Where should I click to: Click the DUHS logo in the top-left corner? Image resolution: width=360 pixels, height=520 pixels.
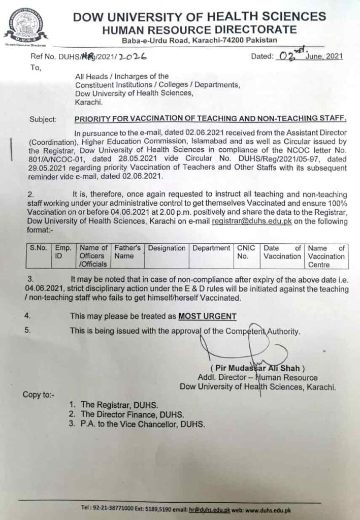pyautogui.click(x=23, y=25)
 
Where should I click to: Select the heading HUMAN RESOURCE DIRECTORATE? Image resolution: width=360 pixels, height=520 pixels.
pyautogui.click(x=199, y=30)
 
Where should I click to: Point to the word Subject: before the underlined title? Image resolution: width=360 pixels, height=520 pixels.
pyautogui.click(x=43, y=120)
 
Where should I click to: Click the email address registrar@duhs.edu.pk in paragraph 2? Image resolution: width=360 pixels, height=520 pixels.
pyautogui.click(x=251, y=222)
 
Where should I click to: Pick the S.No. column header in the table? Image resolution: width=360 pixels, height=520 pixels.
pyautogui.click(x=38, y=248)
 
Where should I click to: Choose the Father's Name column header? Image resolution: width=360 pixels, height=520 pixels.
pyautogui.click(x=127, y=252)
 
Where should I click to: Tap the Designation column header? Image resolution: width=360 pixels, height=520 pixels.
pyautogui.click(x=167, y=248)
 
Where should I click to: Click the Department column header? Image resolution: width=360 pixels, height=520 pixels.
pyautogui.click(x=211, y=248)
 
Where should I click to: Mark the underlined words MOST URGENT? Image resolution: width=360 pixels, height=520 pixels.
pyautogui.click(x=207, y=316)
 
